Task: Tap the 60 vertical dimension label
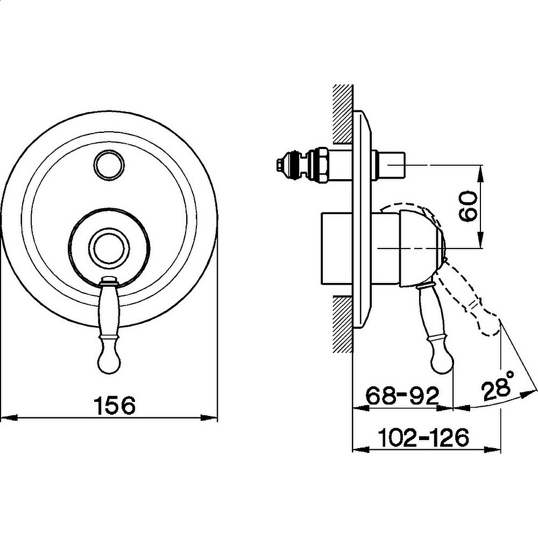point(468,206)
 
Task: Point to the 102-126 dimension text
point(423,437)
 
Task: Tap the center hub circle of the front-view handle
point(109,247)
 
